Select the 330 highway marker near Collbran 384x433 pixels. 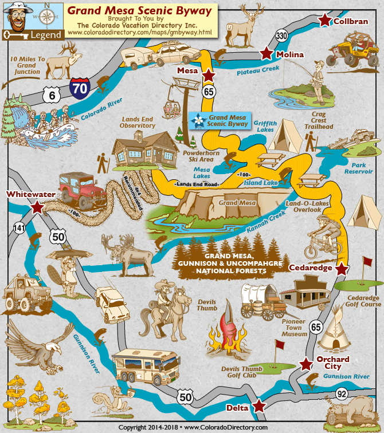[x=281, y=36]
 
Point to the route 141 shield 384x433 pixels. [x=19, y=229]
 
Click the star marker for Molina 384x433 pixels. [x=266, y=53]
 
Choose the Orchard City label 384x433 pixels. [x=333, y=363]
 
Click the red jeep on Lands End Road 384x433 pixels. [x=83, y=187]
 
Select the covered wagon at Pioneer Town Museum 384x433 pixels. [x=261, y=300]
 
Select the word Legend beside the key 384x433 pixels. [x=44, y=34]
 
